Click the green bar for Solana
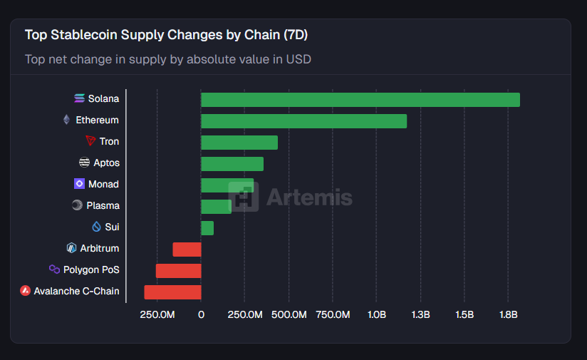click(x=360, y=100)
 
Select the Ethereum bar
click(x=303, y=121)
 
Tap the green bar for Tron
click(x=239, y=143)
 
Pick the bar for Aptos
click(x=232, y=164)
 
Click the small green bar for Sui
click(x=207, y=228)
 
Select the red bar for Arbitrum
click(x=187, y=250)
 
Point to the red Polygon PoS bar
click(x=179, y=271)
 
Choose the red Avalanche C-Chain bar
click(x=173, y=292)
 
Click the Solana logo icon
click(x=79, y=98)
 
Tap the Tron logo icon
click(x=90, y=141)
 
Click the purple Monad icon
click(x=79, y=184)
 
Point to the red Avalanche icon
click(x=26, y=291)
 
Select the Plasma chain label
click(x=103, y=205)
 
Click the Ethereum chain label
click(x=97, y=120)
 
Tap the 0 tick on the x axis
click(x=201, y=314)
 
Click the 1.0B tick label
click(x=377, y=314)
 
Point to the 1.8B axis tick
click(x=508, y=314)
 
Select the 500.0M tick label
click(x=289, y=314)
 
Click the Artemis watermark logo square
click(x=243, y=197)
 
